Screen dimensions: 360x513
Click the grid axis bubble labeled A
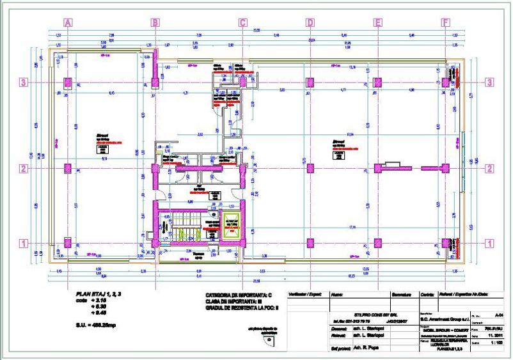68,23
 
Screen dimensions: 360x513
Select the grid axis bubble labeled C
242,23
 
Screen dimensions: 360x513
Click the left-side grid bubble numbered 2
24,169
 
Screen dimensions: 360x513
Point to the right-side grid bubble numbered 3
490,82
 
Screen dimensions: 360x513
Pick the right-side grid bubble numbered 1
490,243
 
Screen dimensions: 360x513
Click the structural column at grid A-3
68,82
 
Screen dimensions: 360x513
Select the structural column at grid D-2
310,169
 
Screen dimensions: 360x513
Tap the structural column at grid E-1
377,243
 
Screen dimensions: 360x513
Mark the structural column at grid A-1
68,243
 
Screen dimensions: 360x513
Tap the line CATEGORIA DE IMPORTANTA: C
239,295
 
